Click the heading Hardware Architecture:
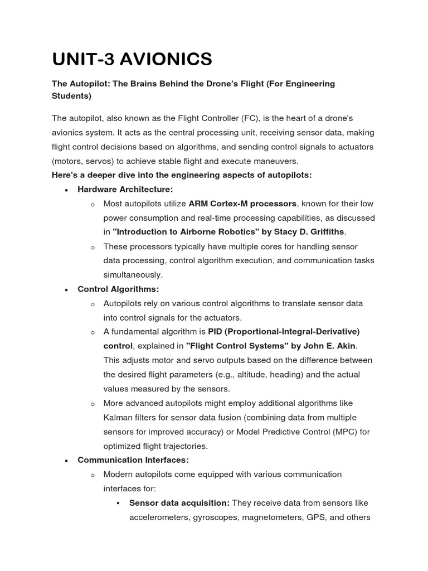[125, 190]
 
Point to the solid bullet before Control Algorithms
[66, 289]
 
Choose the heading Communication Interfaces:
[133, 460]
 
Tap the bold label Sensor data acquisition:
[179, 503]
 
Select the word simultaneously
[133, 275]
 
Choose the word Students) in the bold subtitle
[72, 96]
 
